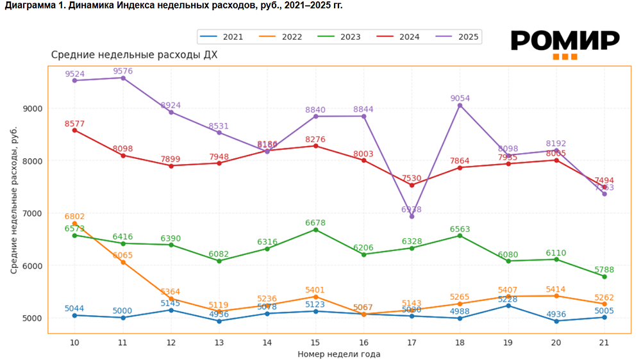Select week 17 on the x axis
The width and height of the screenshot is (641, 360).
coord(412,343)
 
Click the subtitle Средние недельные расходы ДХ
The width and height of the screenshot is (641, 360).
coord(134,55)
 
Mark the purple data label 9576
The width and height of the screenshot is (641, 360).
coord(123,71)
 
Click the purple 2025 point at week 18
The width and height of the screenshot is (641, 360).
coord(460,105)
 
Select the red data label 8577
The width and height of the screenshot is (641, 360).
coord(74,124)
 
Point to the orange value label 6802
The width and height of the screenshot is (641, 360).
coord(74,217)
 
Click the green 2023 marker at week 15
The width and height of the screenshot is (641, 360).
coord(315,229)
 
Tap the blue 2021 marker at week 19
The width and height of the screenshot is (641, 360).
coord(508,306)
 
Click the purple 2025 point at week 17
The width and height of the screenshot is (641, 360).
coord(412,217)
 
